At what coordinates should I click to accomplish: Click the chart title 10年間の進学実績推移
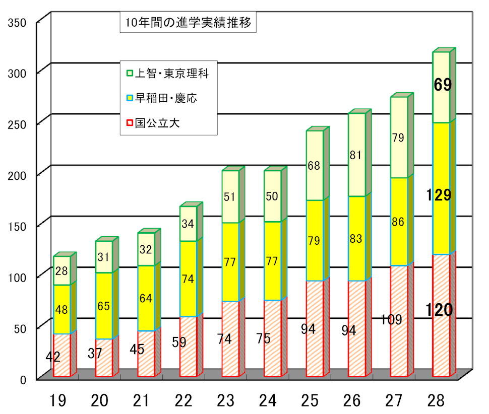(x=188, y=23)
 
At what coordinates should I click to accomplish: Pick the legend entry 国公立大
(x=157, y=123)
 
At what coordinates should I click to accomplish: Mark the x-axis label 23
(x=225, y=401)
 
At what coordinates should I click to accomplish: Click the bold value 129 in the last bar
(x=439, y=195)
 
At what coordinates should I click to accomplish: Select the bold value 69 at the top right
(x=443, y=85)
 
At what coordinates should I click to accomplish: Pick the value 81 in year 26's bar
(x=356, y=156)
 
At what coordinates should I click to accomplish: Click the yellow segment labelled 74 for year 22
(x=188, y=279)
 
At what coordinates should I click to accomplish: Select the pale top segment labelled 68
(x=315, y=165)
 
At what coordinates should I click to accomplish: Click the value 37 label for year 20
(x=95, y=354)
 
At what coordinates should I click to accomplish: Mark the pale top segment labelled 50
(x=272, y=196)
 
